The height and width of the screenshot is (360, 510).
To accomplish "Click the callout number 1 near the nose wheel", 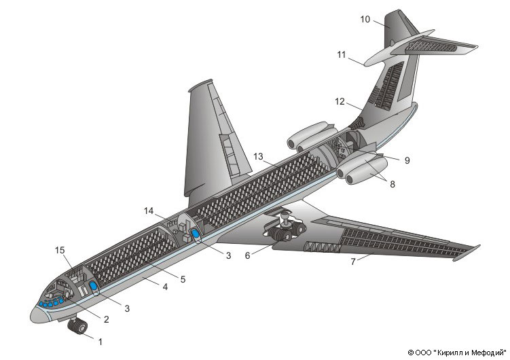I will tap(101, 342).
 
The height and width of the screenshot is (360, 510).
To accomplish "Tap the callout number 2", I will tap(106, 317).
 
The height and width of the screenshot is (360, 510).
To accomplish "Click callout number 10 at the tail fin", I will tap(365, 20).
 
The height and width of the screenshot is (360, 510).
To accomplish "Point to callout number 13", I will tap(257, 157).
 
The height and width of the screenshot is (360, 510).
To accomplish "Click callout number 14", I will tap(149, 211).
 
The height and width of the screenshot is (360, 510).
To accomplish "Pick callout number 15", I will tap(60, 251).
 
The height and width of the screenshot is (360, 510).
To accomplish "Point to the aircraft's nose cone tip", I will tap(33, 314).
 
